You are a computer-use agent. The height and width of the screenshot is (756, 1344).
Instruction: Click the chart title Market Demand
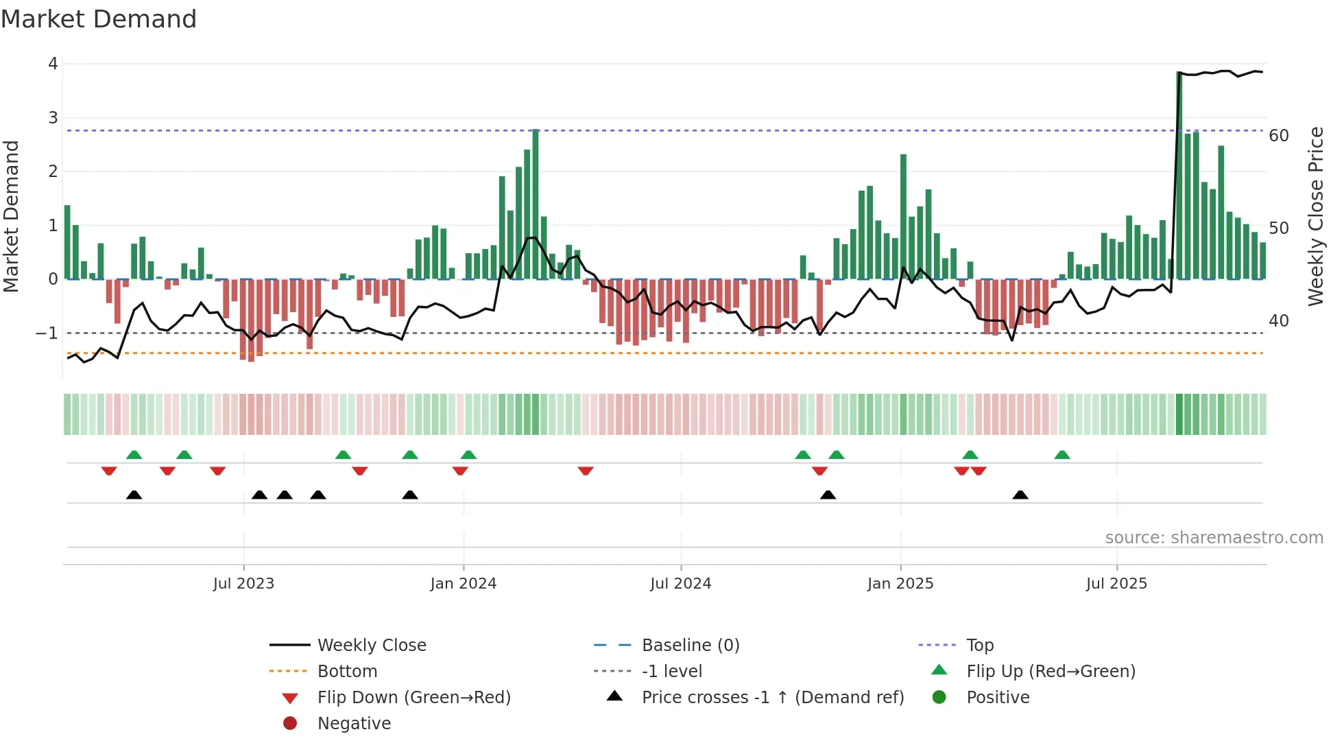point(99,19)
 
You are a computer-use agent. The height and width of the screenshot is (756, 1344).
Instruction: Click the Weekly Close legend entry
point(371,646)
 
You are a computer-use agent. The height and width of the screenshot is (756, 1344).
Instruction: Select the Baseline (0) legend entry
point(690,646)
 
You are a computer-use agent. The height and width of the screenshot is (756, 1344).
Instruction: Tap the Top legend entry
point(979,646)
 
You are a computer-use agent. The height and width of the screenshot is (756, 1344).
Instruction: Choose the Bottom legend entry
point(347,672)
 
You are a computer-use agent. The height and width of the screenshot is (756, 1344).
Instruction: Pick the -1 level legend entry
point(671,672)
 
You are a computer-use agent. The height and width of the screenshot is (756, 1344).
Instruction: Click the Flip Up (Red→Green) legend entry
point(1050,672)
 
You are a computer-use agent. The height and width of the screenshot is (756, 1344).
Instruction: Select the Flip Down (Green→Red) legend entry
point(413,698)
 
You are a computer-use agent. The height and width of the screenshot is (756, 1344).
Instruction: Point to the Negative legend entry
point(354,724)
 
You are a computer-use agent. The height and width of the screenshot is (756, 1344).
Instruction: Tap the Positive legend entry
point(997,698)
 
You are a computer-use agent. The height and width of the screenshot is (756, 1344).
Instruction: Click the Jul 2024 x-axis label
point(680,584)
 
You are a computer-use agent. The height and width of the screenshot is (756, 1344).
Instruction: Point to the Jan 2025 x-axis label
point(900,584)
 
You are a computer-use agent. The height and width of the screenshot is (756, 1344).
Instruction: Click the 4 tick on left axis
point(53,64)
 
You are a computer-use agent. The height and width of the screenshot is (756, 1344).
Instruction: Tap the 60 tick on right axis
point(1278,136)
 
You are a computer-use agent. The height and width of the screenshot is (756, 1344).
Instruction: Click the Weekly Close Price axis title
point(1315,216)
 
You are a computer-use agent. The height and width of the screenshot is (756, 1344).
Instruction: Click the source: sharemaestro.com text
point(1214,538)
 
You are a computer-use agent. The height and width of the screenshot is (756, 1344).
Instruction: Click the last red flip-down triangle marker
point(979,471)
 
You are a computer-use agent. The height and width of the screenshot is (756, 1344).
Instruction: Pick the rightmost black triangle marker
point(1020,495)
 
